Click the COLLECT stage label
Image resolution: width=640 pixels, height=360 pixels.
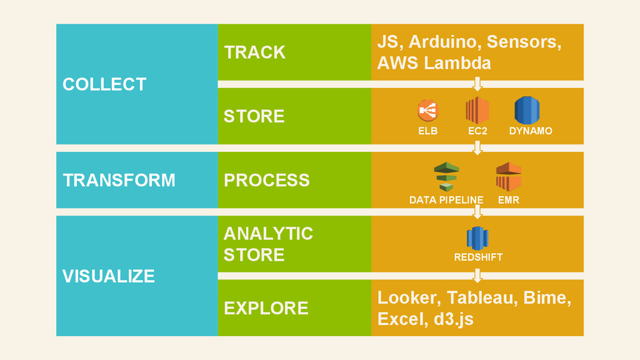104,84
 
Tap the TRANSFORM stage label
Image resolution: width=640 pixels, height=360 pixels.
119,180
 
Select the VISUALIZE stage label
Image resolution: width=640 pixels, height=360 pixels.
109,276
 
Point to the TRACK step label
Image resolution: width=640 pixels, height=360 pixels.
255,52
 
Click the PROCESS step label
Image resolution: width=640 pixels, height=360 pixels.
266,180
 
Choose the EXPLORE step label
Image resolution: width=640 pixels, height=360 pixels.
266,308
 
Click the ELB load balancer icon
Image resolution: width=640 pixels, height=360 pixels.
427,111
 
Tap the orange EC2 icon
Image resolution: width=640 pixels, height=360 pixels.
477,110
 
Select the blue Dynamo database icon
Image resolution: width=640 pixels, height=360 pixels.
527,110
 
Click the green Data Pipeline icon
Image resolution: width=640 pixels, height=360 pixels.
446,177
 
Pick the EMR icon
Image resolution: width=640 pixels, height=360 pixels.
509,177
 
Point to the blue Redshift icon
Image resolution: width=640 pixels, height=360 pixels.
477,238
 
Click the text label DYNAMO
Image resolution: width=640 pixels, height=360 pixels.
531,131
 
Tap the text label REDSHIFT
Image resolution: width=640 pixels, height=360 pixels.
478,257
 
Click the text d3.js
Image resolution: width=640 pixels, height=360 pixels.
454,319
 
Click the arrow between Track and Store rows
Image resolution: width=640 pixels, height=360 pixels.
477,84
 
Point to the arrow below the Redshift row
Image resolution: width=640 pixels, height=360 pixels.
477,276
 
